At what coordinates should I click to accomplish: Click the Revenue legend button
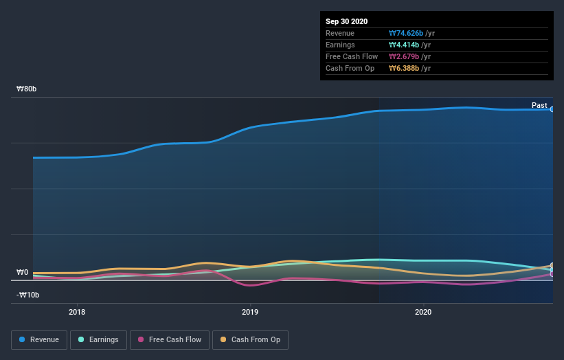tap(39, 339)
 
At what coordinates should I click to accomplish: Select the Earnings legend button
tap(98, 339)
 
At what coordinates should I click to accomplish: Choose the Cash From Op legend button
tap(251, 339)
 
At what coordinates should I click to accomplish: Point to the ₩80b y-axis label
tap(27, 89)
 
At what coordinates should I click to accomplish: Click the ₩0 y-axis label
tap(23, 272)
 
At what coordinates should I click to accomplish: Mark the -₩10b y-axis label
tap(28, 295)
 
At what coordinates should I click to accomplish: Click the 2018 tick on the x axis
tap(78, 311)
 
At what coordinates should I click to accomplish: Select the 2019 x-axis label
tap(251, 311)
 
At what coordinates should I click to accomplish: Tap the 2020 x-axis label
tap(424, 311)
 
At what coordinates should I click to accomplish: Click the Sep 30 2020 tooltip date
tap(348, 21)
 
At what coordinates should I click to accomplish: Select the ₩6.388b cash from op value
tap(401, 68)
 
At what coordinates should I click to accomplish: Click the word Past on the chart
tap(539, 106)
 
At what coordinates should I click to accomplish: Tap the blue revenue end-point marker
tap(552, 109)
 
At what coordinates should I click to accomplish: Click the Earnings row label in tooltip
tap(340, 45)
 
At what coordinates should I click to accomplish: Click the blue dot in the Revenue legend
tap(23, 339)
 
